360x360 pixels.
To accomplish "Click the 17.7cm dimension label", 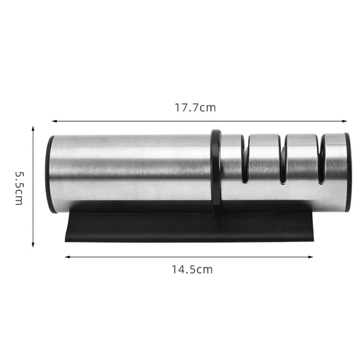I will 195,107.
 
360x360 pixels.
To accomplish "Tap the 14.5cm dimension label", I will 192,269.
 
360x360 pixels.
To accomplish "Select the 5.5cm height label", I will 19,187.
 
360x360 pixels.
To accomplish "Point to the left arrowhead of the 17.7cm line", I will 54,121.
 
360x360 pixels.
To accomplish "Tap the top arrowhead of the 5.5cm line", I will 33,129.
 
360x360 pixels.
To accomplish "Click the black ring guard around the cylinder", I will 216,173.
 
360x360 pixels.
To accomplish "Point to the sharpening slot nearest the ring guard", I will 245,162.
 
